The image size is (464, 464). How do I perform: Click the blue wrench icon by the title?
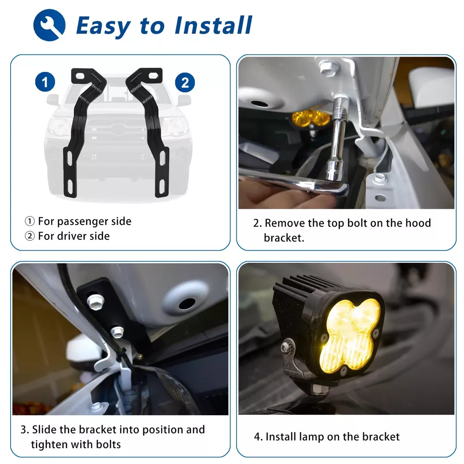[49, 25]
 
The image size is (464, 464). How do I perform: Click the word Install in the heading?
[213, 26]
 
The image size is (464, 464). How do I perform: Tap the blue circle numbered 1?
[45, 82]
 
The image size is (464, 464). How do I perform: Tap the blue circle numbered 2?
[185, 82]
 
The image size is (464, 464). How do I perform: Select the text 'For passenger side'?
[84, 221]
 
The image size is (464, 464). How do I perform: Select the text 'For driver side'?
[74, 236]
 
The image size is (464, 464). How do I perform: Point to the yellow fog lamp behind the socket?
[311, 118]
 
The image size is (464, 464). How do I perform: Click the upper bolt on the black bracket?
[95, 302]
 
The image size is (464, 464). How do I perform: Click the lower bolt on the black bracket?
[117, 332]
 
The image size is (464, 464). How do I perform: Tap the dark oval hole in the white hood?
[187, 303]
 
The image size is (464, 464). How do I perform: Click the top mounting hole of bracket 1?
[80, 76]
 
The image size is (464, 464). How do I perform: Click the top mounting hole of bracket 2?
[153, 76]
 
